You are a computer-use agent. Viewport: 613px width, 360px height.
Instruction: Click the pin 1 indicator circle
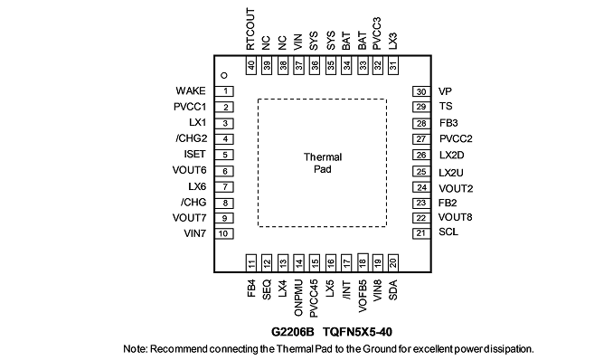(x=224, y=75)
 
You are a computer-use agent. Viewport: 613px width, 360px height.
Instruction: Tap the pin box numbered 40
(x=251, y=65)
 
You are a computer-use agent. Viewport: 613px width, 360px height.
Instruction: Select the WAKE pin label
(x=191, y=90)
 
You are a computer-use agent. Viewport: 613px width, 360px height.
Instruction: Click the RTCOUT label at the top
(x=250, y=29)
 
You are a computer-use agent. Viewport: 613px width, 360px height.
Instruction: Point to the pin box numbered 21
(x=421, y=233)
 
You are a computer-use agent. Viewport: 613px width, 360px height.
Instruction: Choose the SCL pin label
(x=448, y=232)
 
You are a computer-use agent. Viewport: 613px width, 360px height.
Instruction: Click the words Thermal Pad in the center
(x=323, y=163)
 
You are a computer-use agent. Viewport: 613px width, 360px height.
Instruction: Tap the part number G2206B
(x=292, y=332)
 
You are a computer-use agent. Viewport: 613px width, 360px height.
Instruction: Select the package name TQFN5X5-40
(x=357, y=332)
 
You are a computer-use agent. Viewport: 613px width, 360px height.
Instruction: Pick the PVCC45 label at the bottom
(x=314, y=298)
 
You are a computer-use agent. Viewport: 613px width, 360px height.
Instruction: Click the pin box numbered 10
(x=223, y=233)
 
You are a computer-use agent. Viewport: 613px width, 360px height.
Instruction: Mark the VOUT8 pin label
(x=455, y=217)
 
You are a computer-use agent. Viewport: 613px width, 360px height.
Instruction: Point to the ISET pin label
(x=194, y=154)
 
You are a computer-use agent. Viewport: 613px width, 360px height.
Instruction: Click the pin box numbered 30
(x=421, y=91)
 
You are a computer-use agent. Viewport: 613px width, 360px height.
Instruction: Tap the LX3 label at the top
(x=393, y=41)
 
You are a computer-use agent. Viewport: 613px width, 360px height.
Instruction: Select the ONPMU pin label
(x=297, y=298)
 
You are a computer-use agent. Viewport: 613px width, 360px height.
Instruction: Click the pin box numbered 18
(x=363, y=261)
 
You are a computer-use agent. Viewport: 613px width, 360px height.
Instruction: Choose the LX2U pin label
(x=451, y=173)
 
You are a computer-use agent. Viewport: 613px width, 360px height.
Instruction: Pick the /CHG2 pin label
(x=191, y=138)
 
